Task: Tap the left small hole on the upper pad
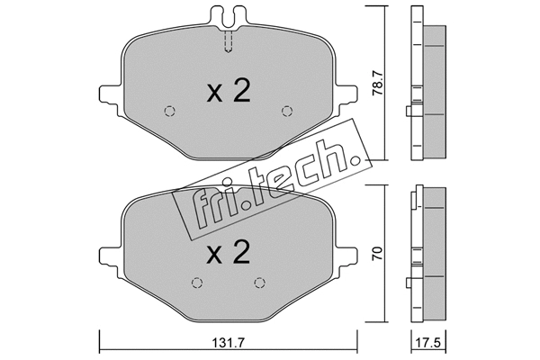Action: (168, 112)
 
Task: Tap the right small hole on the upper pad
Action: (287, 112)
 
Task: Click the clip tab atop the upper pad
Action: (228, 16)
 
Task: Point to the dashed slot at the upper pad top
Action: (228, 41)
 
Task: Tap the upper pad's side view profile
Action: (430, 90)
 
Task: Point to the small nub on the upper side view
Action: (409, 112)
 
